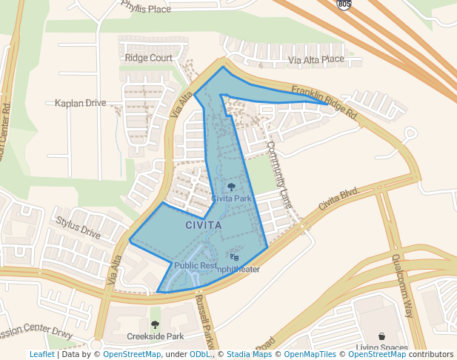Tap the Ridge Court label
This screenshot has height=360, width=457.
149,58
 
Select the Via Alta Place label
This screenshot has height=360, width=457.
316,59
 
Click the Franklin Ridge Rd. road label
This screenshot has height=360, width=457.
324,103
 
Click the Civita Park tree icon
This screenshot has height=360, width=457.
232,187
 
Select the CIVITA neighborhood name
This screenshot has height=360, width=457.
203,224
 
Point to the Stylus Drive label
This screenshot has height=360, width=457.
79,227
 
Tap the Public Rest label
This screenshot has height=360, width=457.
196,265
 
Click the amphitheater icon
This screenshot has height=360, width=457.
235,257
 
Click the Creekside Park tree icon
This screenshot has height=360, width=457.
155,324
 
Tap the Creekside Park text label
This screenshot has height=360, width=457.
155,336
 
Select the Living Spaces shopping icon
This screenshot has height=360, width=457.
381,336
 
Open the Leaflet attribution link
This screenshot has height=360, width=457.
41,355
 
